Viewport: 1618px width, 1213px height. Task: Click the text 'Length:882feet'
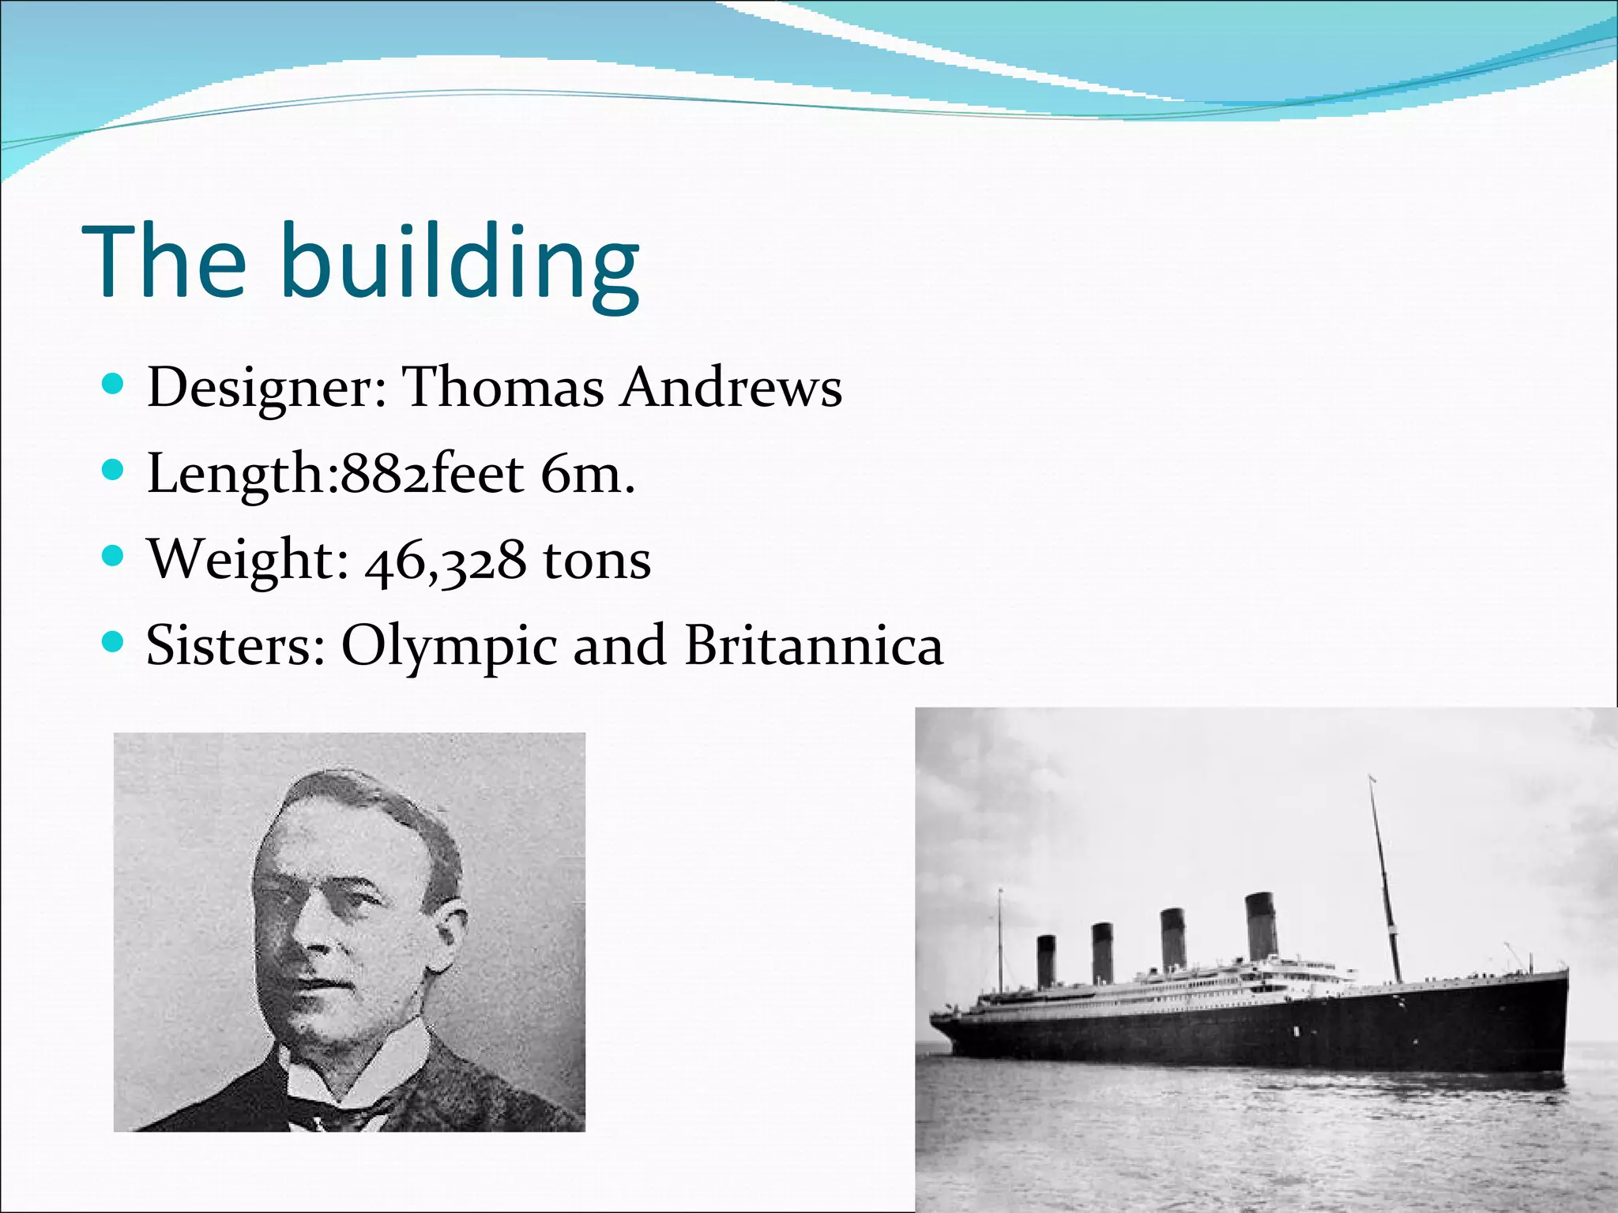coord(336,474)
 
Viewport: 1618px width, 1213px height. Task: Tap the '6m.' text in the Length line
coord(589,474)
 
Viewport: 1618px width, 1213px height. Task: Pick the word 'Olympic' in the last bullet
coord(449,646)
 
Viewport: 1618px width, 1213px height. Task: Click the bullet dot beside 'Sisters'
coord(114,642)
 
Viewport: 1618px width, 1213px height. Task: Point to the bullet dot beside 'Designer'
coord(114,385)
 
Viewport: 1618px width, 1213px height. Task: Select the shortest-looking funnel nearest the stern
coord(1047,960)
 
